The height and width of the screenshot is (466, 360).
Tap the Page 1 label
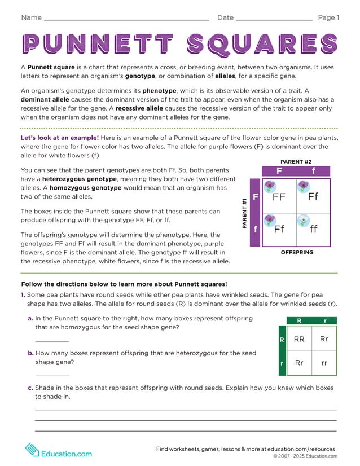pyautogui.click(x=328, y=17)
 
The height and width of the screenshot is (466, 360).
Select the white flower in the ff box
pyautogui.click(x=304, y=221)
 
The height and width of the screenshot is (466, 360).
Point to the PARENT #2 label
pyautogui.click(x=296, y=162)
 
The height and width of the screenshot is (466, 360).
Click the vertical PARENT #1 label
pyautogui.click(x=244, y=213)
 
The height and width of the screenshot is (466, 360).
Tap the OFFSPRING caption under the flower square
pyautogui.click(x=297, y=253)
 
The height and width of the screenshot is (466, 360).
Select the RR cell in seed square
pyautogui.click(x=299, y=339)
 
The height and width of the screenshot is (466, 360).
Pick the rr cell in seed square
pyautogui.click(x=324, y=363)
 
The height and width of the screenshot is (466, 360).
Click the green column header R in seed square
pyautogui.click(x=299, y=320)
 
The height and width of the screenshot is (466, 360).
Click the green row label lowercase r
pyautogui.click(x=282, y=364)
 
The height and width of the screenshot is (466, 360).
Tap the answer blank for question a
pyautogui.click(x=52, y=340)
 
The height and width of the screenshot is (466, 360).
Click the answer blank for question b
pyautogui.click(x=52, y=375)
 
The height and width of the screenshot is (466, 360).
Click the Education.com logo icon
pyautogui.click(x=32, y=450)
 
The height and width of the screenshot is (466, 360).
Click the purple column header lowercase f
pyautogui.click(x=313, y=171)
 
